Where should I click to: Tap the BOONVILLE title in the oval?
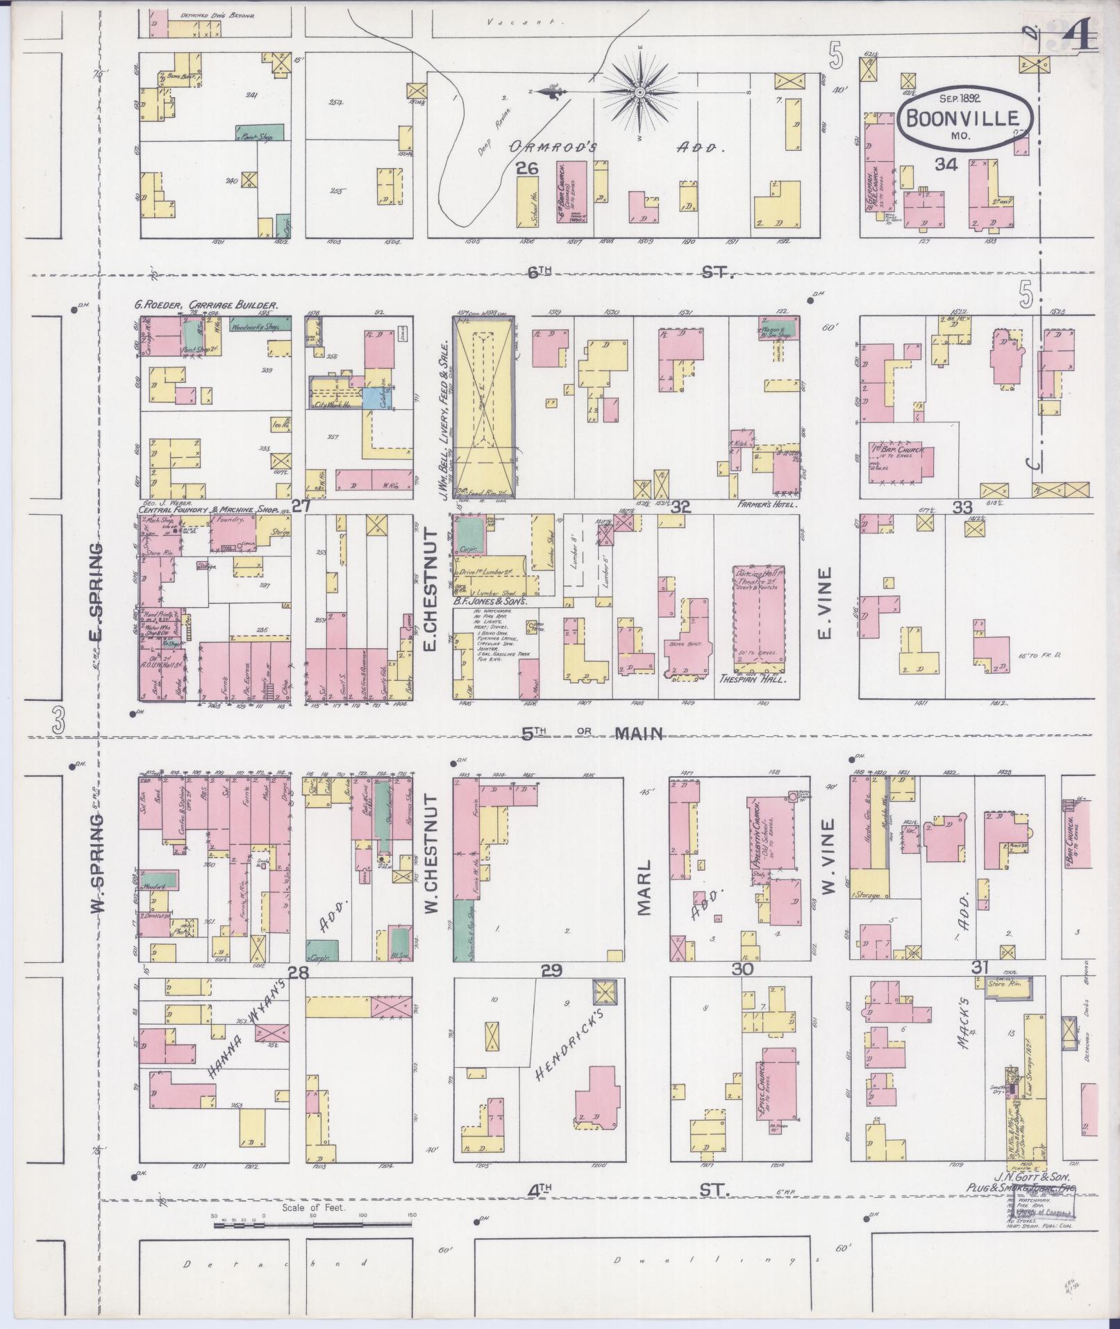[x=967, y=119]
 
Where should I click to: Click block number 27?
[x=301, y=506]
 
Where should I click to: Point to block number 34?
[x=946, y=165]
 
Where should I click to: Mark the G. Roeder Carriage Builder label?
[x=206, y=305]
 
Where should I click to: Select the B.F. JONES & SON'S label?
[x=490, y=602]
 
